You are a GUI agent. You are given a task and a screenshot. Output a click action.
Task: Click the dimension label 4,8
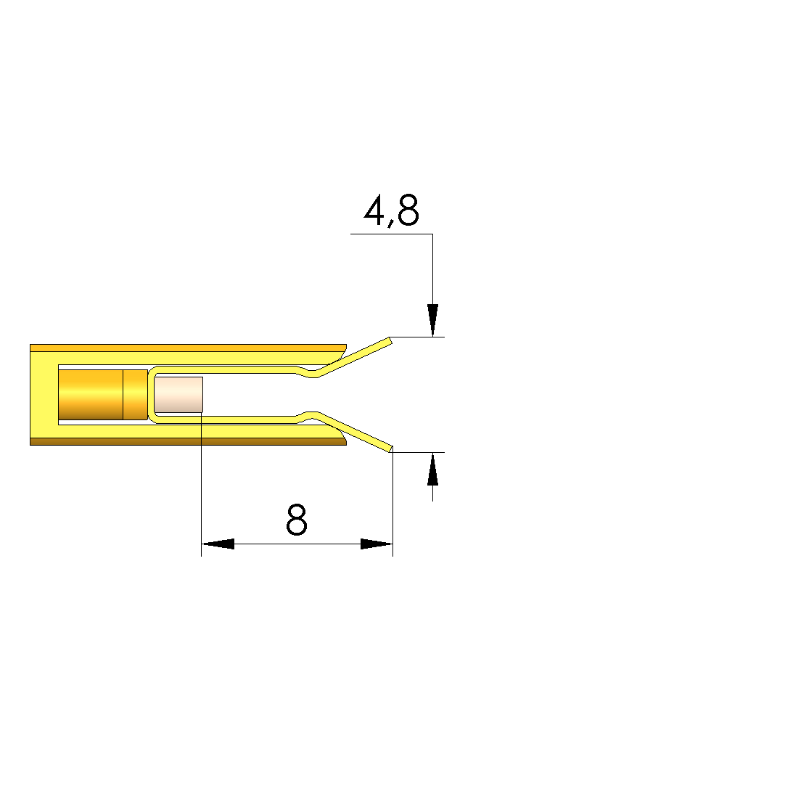[x=391, y=210]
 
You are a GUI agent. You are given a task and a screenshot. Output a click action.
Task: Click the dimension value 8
[x=297, y=520]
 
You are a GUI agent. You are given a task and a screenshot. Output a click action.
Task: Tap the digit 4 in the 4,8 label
[x=374, y=210]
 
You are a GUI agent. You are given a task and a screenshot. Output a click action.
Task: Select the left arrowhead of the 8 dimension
[x=218, y=544]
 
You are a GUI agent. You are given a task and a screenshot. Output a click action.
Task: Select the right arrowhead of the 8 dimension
[x=377, y=544]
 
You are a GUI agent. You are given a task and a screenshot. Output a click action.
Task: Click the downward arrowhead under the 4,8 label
[x=433, y=320]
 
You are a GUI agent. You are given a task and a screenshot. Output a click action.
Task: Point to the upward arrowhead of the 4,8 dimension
[x=433, y=469]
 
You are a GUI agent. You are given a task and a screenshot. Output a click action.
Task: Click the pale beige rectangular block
[x=178, y=395]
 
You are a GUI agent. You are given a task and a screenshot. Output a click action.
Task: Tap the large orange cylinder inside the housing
[x=91, y=395]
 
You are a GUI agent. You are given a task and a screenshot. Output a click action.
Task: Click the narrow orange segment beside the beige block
[x=135, y=395]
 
